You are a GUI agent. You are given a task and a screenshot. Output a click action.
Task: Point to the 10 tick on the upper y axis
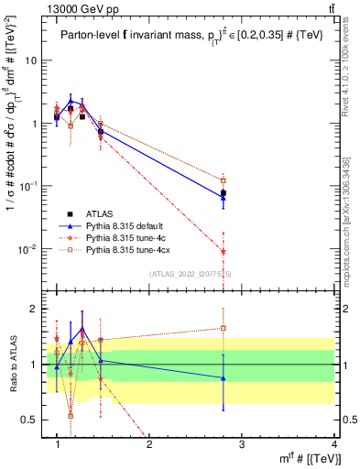click(32, 60)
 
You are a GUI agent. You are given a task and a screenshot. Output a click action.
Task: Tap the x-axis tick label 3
click(242, 444)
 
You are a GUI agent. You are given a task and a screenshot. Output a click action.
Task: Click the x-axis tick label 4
click(334, 444)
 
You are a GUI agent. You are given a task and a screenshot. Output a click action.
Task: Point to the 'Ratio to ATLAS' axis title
click(11, 365)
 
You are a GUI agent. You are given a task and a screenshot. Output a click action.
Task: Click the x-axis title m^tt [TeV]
click(301, 458)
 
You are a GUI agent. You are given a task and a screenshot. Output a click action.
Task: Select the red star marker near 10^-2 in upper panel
click(224, 251)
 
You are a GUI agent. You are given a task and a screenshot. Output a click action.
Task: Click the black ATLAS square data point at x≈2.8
click(224, 193)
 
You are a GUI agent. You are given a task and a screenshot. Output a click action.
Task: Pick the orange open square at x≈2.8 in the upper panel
click(224, 180)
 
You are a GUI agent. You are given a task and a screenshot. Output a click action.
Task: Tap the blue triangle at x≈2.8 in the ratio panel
click(224, 377)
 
